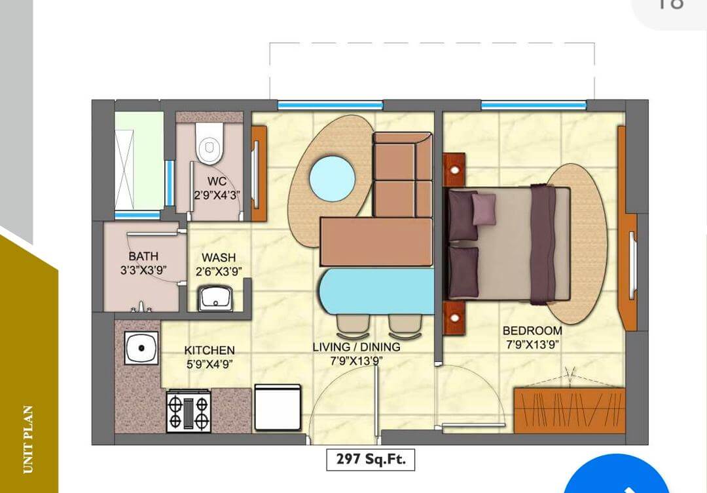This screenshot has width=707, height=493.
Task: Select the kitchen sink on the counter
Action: pyautogui.click(x=141, y=347)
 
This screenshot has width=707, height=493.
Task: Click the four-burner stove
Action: pyautogui.click(x=189, y=411)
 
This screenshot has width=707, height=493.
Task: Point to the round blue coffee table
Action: pyautogui.click(x=332, y=178)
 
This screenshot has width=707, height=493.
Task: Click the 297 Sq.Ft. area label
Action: pyautogui.click(x=371, y=460)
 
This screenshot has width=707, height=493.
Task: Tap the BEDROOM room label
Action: pyautogui.click(x=532, y=330)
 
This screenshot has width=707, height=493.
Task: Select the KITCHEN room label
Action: pyautogui.click(x=209, y=350)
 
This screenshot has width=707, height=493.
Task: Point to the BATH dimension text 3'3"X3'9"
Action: pyautogui.click(x=143, y=269)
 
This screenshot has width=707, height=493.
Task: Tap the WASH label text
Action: pyautogui.click(x=218, y=258)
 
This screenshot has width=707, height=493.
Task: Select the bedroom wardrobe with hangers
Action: pyautogui.click(x=569, y=410)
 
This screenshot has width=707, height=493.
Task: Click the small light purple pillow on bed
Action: pyautogui.click(x=484, y=208)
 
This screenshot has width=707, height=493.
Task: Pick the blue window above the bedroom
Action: pyautogui.click(x=534, y=105)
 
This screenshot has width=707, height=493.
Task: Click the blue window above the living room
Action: pyautogui.click(x=330, y=105)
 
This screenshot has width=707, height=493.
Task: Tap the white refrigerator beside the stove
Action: pyautogui.click(x=278, y=407)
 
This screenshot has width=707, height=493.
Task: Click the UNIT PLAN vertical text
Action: pyautogui.click(x=28, y=439)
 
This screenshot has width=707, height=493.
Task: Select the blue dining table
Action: pyautogui.click(x=376, y=292)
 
